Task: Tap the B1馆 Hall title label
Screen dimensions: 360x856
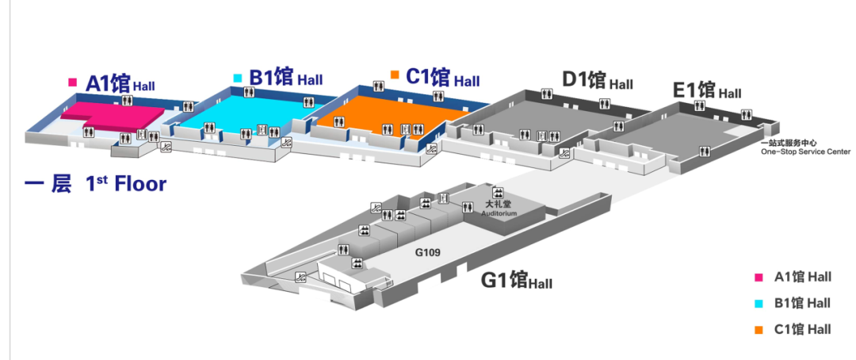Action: pos(286,79)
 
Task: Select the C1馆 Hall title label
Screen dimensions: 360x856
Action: pos(442,79)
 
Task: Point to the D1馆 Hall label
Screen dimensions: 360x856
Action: pos(598,81)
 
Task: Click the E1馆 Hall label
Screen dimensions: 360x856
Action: pos(707,90)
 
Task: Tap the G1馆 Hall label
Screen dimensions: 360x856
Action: pos(517,281)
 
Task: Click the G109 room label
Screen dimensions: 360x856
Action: pos(427,253)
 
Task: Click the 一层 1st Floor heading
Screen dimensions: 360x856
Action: pos(95,185)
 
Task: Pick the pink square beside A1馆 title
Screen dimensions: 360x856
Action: pos(73,82)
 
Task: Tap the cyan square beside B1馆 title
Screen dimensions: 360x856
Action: pos(238,78)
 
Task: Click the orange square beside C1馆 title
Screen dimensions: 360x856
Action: pos(394,75)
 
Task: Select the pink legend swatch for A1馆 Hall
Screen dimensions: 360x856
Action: pos(759,277)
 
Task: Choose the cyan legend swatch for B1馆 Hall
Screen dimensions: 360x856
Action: pos(759,303)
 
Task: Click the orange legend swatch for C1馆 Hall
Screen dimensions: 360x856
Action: pos(759,329)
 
